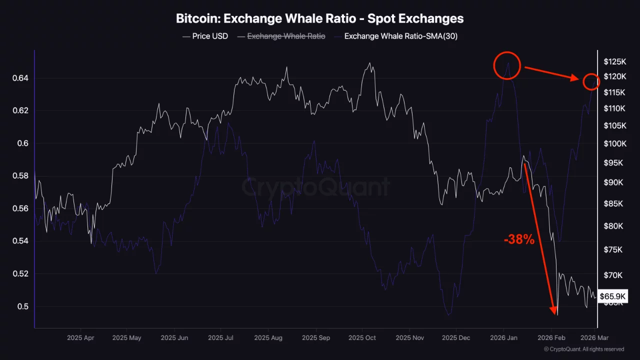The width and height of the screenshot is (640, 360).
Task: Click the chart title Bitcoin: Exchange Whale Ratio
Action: click(319, 18)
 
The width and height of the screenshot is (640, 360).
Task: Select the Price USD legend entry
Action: click(205, 36)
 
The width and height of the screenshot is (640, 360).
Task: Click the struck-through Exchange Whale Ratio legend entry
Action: click(281, 36)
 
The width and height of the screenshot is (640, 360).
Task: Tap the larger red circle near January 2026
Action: click(507, 65)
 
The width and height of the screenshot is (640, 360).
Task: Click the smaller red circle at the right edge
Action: click(591, 81)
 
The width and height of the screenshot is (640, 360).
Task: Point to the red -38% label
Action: click(519, 240)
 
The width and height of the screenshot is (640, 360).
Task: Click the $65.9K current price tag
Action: click(612, 296)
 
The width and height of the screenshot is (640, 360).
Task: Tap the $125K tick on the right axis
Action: click(614, 62)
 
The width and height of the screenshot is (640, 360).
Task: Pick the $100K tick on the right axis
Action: click(614, 144)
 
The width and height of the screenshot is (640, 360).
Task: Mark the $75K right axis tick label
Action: click(613, 249)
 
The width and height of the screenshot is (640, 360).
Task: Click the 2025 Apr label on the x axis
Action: click(80, 338)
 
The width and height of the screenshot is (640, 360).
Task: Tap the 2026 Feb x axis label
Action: click(551, 338)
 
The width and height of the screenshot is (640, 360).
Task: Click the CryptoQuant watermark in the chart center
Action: click(315, 187)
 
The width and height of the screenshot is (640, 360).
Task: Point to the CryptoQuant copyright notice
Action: click(583, 349)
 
